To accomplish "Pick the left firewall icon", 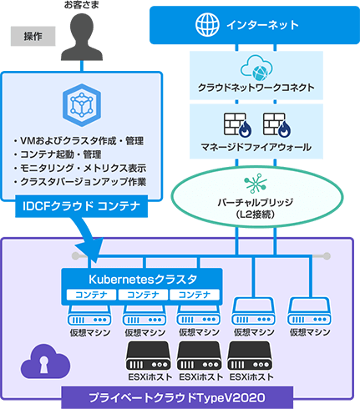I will pos(236,124).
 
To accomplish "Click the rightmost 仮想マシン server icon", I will pos(307,311).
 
